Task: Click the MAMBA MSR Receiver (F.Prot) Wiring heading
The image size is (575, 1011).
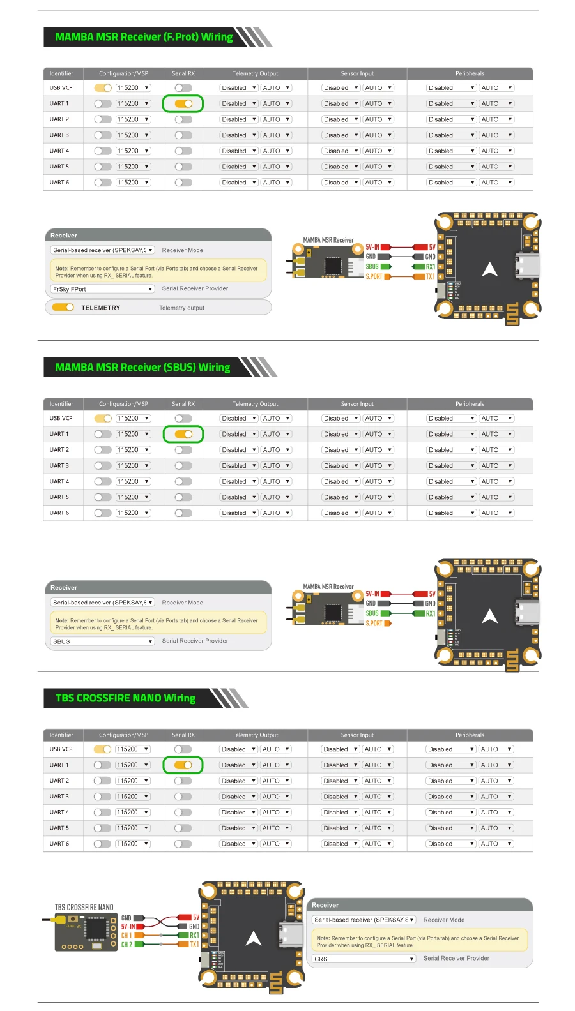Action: point(144,37)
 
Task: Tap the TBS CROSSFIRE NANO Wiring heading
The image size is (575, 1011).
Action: point(125,698)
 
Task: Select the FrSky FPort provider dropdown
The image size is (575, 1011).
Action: point(102,289)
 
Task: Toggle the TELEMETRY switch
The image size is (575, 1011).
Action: point(63,308)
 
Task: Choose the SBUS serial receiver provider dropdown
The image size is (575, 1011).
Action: point(102,641)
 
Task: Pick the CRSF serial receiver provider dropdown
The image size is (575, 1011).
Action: point(364,959)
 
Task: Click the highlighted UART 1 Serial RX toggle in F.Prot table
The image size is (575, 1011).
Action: point(183,103)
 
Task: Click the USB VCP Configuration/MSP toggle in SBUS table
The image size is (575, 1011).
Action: point(103,419)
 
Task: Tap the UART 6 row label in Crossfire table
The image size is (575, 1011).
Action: point(59,844)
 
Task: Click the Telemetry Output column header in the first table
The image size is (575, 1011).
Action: point(255,73)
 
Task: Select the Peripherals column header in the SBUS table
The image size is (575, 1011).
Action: point(470,404)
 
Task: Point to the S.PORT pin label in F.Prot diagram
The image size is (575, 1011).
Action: point(374,276)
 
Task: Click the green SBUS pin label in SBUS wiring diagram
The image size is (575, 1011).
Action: point(372,613)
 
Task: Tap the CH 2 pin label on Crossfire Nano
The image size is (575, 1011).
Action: point(126,945)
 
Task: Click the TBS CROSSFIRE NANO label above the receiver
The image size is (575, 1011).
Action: point(84,907)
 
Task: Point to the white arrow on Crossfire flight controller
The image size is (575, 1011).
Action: point(254,938)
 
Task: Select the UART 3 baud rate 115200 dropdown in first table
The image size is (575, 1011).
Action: point(133,135)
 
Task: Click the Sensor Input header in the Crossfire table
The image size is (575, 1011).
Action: point(357,735)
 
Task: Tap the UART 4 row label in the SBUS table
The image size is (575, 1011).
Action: point(59,482)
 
